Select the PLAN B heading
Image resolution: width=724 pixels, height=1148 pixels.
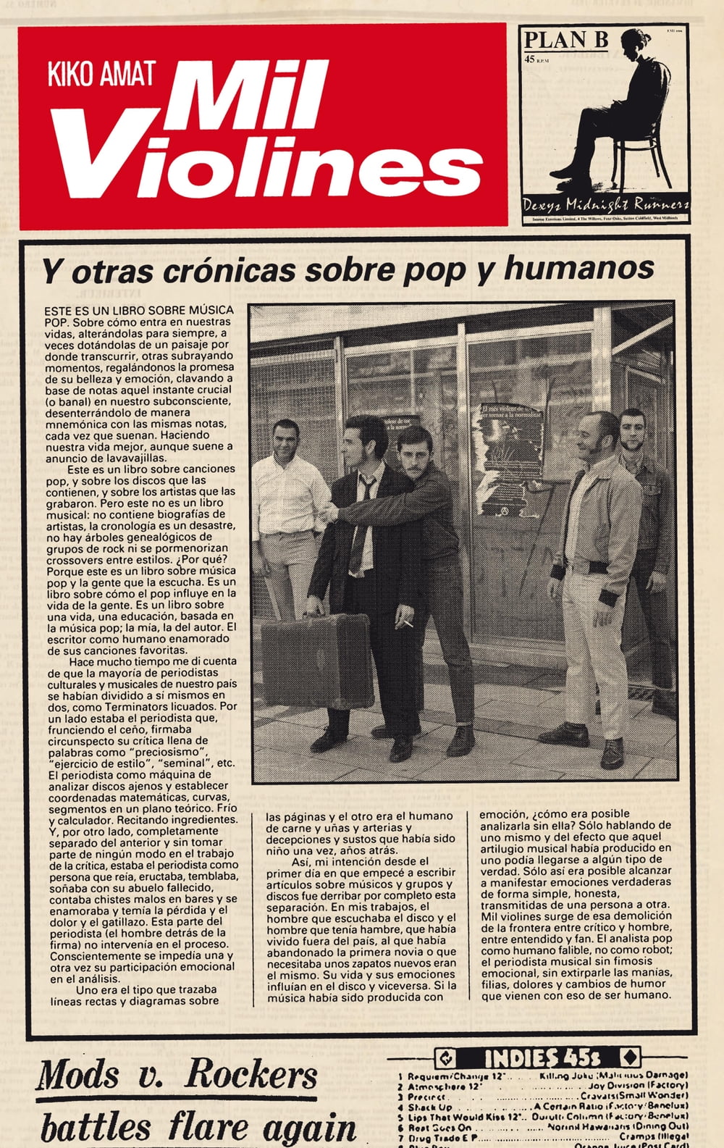click(x=565, y=40)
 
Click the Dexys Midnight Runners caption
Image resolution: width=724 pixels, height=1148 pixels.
click(x=605, y=204)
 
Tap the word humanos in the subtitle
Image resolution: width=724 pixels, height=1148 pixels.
click(x=579, y=268)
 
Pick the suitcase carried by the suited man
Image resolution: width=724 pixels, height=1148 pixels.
click(x=316, y=660)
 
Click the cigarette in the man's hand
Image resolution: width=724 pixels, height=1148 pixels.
click(x=407, y=622)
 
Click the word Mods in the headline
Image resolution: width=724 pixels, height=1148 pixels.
click(x=78, y=1074)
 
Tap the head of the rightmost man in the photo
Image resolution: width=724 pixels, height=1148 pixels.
click(x=631, y=429)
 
